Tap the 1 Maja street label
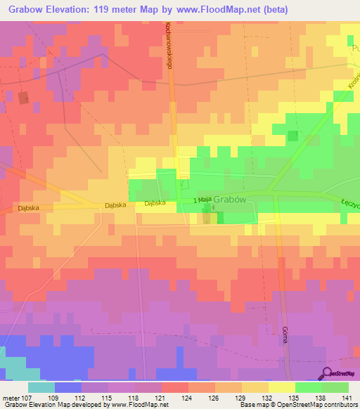(x=202, y=200)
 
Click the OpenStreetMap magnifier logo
(x=328, y=373)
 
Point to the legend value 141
(x=347, y=398)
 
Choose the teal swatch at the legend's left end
(x=41, y=387)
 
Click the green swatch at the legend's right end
(x=335, y=387)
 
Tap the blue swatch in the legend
(x=67, y=387)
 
